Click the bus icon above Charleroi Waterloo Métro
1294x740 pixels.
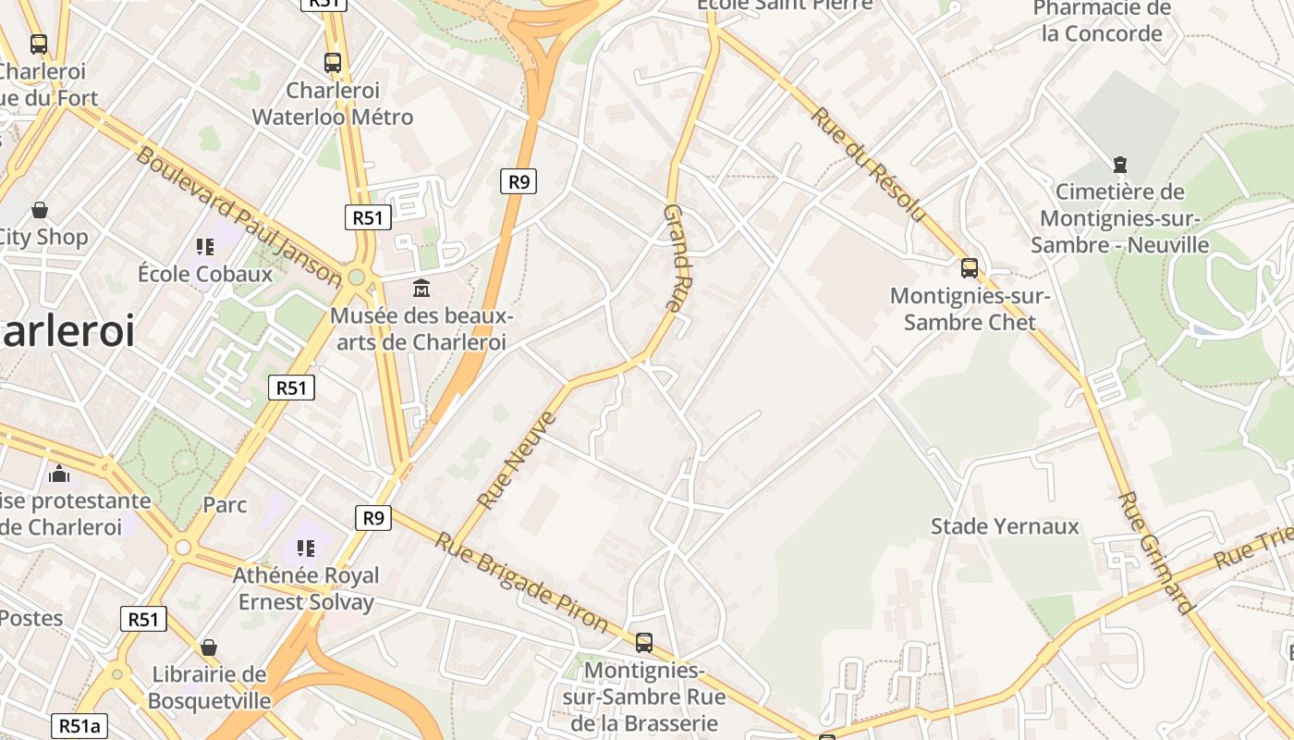pos(333,63)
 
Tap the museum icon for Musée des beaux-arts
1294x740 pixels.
pos(421,288)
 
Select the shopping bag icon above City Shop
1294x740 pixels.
pos(40,210)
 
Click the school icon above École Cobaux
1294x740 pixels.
pos(205,247)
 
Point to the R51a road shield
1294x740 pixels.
pos(79,726)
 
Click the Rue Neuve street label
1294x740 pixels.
pos(517,461)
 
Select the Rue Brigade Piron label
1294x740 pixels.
pos(521,583)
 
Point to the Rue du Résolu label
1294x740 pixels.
pos(868,165)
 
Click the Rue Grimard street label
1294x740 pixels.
pos(1155,552)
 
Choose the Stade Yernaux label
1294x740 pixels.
pos(1005,526)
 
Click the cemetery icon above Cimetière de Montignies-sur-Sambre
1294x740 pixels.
pos(1120,166)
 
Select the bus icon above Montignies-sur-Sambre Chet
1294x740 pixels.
pos(970,268)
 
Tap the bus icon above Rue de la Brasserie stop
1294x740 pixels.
pos(644,642)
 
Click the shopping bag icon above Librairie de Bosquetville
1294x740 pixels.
pos(209,647)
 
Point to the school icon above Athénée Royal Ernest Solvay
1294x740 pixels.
pos(306,549)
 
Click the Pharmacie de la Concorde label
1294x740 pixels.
pos(1102,21)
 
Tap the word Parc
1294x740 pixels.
pos(225,505)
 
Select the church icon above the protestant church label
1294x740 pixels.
pos(60,474)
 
